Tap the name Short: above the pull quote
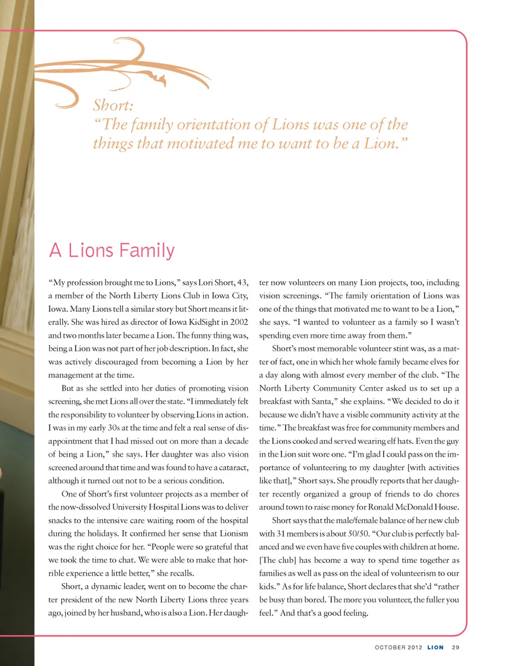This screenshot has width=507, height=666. coord(113,106)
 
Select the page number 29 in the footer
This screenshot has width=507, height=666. coord(456,647)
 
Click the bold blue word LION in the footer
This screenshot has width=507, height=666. coord(435,647)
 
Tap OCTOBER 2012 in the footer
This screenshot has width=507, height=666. coord(398,647)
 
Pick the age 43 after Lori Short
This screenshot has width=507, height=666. coord(241,283)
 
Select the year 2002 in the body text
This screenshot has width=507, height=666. coord(239,322)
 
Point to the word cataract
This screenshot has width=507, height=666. coord(233,467)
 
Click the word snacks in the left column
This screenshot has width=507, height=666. coord(60,520)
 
